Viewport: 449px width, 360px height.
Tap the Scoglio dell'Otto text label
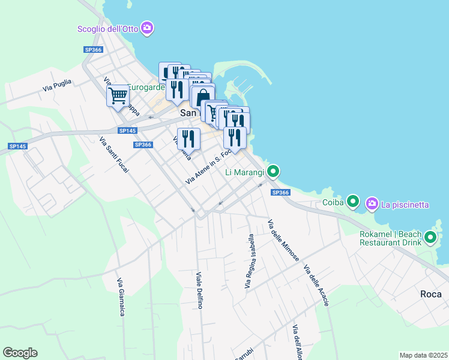(x=108, y=29)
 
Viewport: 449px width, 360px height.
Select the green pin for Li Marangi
(x=273, y=172)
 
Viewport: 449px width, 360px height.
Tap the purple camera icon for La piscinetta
(x=372, y=204)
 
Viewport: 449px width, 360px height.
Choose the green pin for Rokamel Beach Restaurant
(x=430, y=238)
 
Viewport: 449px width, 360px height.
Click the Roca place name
(x=431, y=294)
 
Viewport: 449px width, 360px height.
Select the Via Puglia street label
(x=57, y=85)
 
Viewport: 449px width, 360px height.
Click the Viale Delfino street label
(x=199, y=290)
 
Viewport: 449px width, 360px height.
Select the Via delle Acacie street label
(x=316, y=286)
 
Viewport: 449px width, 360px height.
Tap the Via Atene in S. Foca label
(x=208, y=166)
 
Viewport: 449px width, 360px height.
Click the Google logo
(x=20, y=353)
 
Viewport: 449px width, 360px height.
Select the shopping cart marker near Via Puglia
(x=118, y=95)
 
